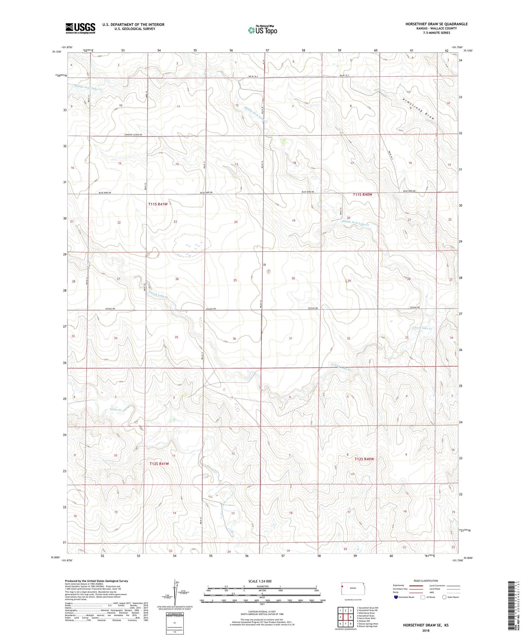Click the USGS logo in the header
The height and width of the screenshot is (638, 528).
pyautogui.click(x=80, y=28)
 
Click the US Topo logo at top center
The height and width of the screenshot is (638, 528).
pyautogui.click(x=262, y=30)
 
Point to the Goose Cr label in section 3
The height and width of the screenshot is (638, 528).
pyautogui.click(x=116, y=410)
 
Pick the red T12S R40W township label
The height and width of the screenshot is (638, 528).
pyautogui.click(x=364, y=459)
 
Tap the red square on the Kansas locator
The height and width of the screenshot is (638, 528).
pyautogui.click(x=342, y=587)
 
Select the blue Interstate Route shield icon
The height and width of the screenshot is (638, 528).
pyautogui.click(x=396, y=597)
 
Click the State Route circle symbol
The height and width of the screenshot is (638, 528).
pyautogui.click(x=445, y=597)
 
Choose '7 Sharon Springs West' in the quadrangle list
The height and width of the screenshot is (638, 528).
pyautogui.click(x=367, y=624)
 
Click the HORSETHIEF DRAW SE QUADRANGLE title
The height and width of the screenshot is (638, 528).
pyautogui.click(x=436, y=24)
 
